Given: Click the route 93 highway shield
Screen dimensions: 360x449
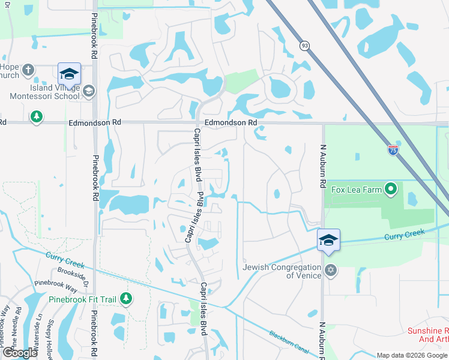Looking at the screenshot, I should (x=305, y=46).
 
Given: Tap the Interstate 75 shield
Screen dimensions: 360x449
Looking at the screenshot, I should (x=393, y=150).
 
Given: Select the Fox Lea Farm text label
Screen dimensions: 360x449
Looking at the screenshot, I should (x=357, y=190).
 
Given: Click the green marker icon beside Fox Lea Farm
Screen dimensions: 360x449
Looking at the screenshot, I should (x=391, y=190).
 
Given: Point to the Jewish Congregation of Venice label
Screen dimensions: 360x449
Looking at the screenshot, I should (x=282, y=271).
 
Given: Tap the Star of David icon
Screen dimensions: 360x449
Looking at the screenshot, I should (x=329, y=271).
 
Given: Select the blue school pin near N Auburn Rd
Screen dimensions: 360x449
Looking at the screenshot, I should (x=328, y=241).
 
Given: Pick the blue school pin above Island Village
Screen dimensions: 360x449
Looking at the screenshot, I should (x=68, y=74).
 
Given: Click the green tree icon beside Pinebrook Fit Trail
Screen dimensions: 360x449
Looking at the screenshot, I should (x=125, y=298).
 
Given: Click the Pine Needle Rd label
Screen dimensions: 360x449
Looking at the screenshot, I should (x=13, y=327).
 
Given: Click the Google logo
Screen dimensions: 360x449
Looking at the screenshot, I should (x=19, y=353).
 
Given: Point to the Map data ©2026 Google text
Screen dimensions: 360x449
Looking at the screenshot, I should (x=412, y=355).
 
